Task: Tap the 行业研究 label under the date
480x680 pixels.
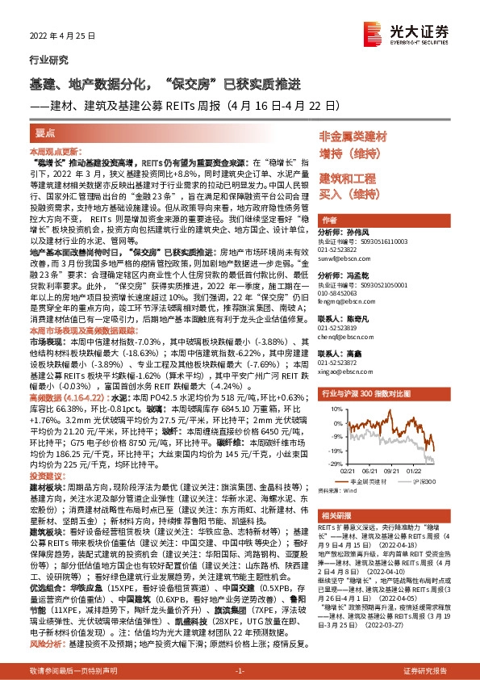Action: pyautogui.click(x=45, y=60)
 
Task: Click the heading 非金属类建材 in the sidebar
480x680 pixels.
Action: pyautogui.click(x=353, y=136)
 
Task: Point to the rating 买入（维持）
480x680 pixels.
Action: pyautogui.click(x=349, y=193)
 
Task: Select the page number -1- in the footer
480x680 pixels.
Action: pyautogui.click(x=239, y=672)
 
